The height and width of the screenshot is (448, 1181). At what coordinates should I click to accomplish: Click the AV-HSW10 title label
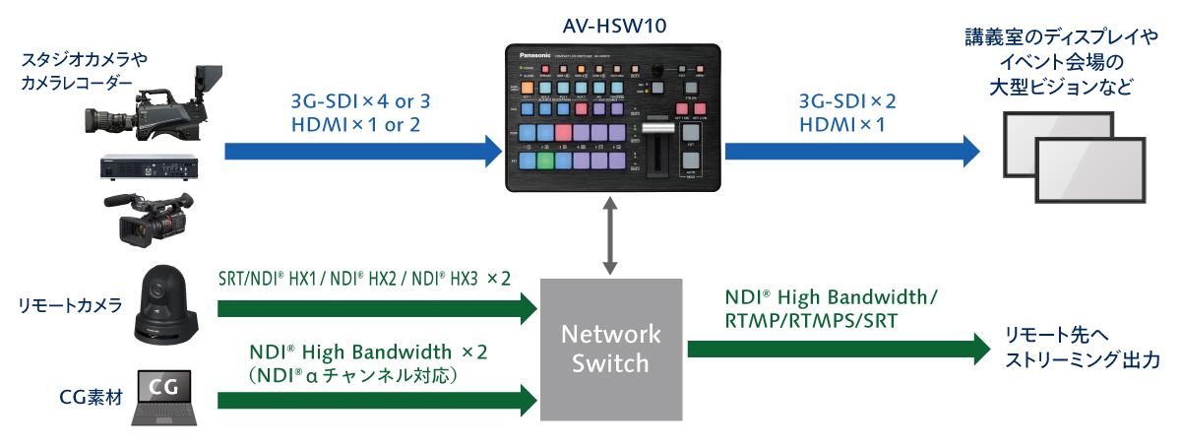pos(611,25)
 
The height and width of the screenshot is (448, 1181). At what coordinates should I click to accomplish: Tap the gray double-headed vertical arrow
pos(612,234)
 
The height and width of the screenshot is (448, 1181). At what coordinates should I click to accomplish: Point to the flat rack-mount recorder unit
pos(148,168)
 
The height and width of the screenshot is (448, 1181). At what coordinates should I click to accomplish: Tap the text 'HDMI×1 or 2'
pos(356,124)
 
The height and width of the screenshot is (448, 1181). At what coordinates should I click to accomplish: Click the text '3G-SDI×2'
pos(848,101)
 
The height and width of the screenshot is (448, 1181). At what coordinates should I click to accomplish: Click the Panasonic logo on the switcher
pos(536,55)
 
